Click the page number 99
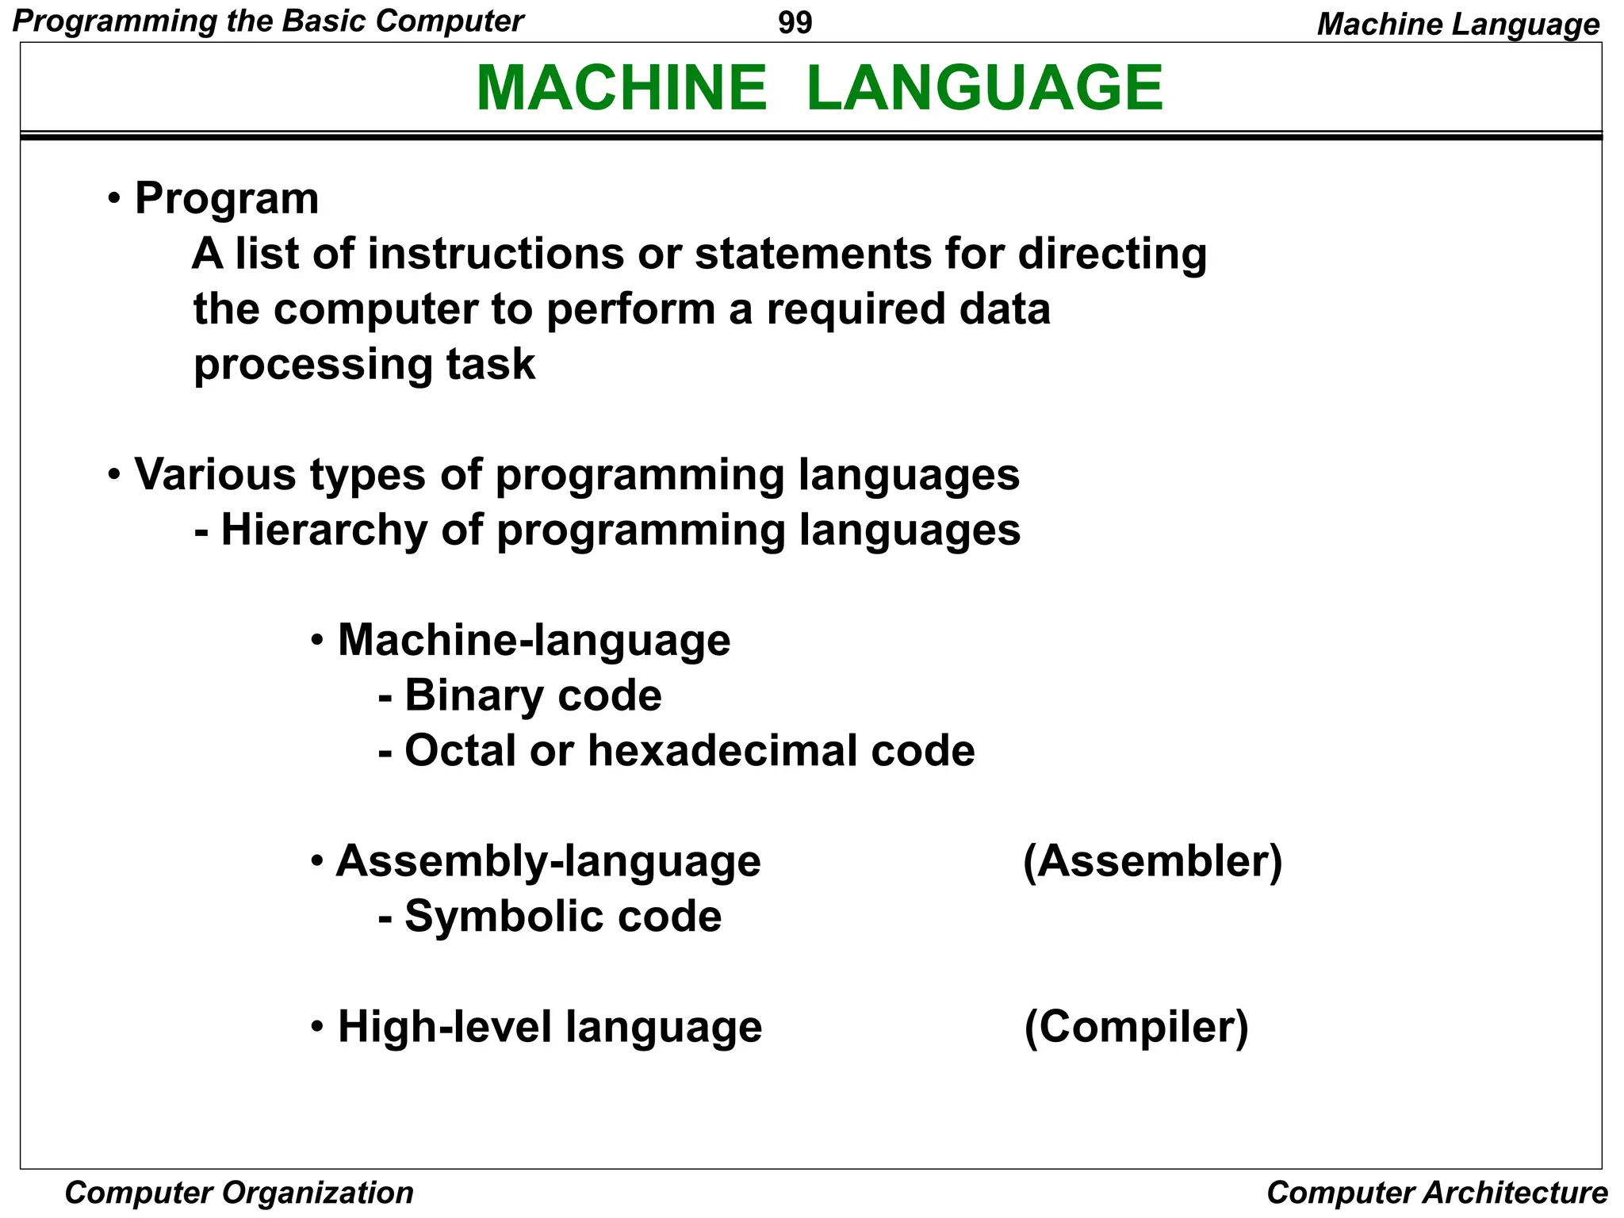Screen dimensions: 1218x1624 795,23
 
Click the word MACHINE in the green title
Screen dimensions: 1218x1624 622,87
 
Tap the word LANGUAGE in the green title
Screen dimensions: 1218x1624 984,87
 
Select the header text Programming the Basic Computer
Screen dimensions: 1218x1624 268,21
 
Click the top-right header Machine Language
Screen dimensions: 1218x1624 1457,25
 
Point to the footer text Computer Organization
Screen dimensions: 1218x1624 239,1193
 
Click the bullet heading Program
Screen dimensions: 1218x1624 227,198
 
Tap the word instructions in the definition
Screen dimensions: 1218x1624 496,254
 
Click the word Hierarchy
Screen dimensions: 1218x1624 324,530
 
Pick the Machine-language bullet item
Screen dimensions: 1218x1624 534,640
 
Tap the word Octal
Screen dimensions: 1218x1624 461,750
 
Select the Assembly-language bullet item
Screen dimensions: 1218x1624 548,861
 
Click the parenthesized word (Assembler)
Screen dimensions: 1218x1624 1152,861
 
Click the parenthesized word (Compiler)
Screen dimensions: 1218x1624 1136,1027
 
